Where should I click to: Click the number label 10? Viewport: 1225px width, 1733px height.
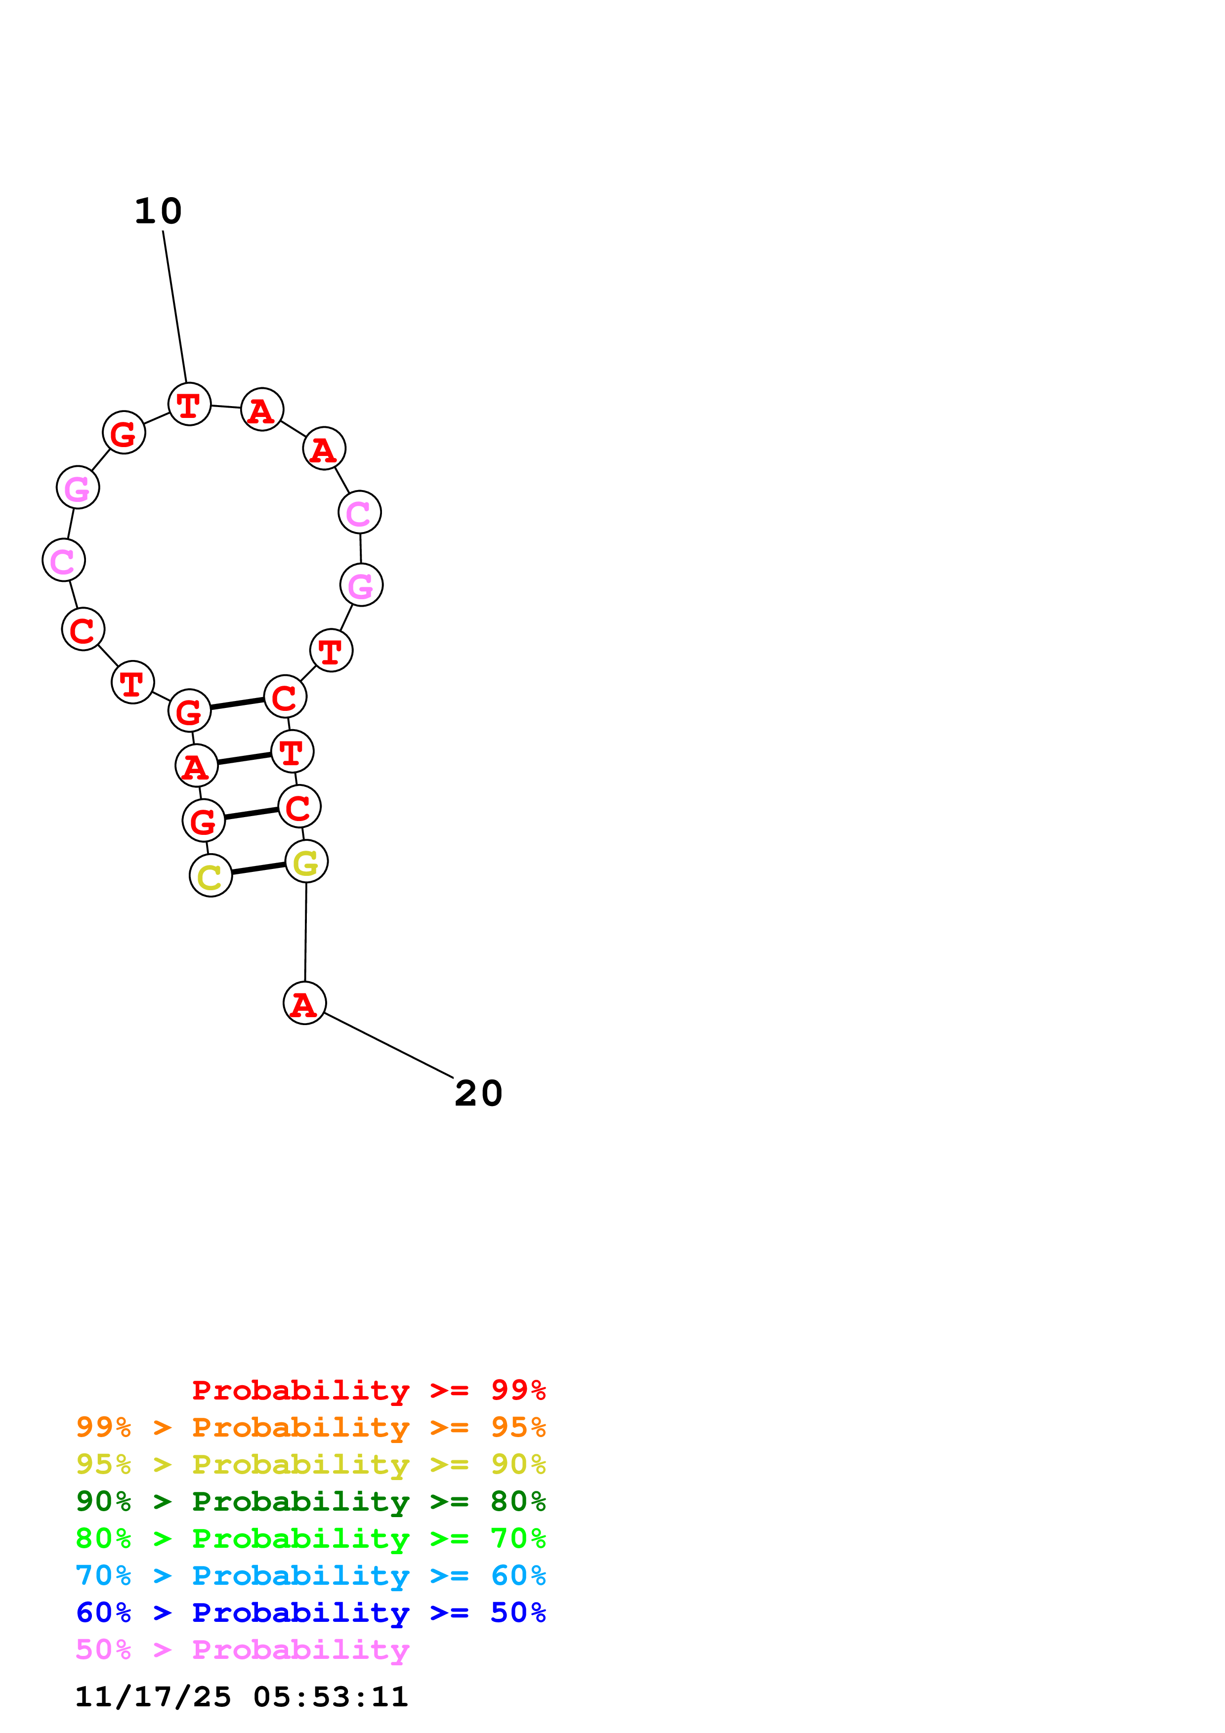pyautogui.click(x=159, y=211)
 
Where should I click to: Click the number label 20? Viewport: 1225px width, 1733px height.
pyautogui.click(x=478, y=1094)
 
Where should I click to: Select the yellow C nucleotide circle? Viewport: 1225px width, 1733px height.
pyautogui.click(x=211, y=875)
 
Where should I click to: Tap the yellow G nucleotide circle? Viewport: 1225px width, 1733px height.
pyautogui.click(x=306, y=861)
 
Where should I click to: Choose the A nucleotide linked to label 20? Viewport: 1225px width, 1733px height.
pyautogui.click(x=304, y=1003)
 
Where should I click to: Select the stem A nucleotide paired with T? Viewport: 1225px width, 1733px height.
pyautogui.click(x=196, y=766)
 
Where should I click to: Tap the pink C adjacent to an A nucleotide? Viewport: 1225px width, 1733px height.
pyautogui.click(x=359, y=512)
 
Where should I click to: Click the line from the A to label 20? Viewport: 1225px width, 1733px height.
pyautogui.click(x=388, y=1045)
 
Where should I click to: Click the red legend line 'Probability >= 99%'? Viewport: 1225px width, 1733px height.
pyautogui.click(x=369, y=1390)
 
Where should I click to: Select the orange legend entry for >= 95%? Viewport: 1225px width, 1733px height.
pyautogui.click(x=311, y=1427)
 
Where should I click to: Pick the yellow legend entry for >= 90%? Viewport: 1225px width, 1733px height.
pyautogui.click(x=311, y=1464)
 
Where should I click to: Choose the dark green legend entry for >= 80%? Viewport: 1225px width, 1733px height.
pyautogui.click(x=311, y=1501)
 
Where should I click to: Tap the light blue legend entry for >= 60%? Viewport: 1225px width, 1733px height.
pyautogui.click(x=311, y=1575)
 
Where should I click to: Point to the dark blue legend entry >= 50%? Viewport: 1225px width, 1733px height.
pyautogui.click(x=311, y=1612)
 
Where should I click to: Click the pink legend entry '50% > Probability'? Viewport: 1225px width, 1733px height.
pyautogui.click(x=242, y=1649)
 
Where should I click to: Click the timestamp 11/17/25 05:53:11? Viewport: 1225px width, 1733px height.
pyautogui.click(x=242, y=1697)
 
